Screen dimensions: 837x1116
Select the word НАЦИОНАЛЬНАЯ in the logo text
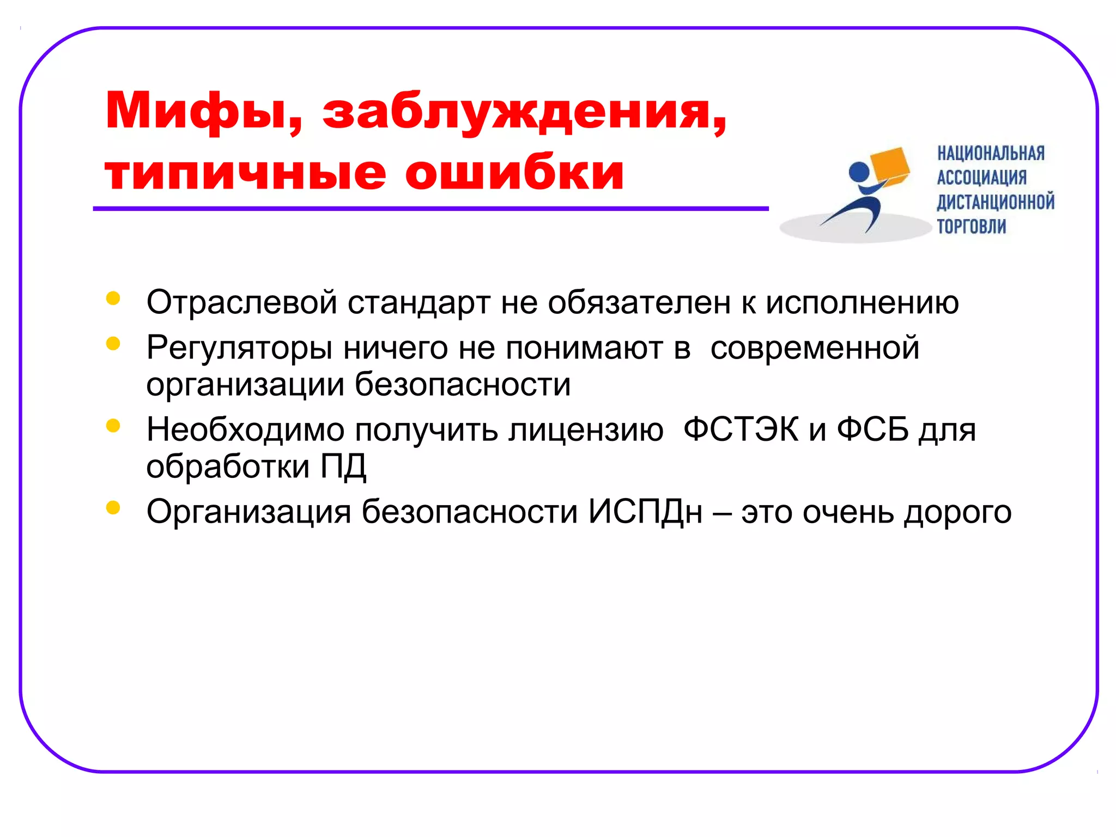991,154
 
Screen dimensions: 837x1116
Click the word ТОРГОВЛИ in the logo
971,226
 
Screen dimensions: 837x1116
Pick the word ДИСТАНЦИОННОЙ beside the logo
996,202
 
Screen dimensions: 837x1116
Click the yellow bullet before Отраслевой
113,298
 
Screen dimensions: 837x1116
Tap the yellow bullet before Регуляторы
113,343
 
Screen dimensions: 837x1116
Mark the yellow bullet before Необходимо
113,426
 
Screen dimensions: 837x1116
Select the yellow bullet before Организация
113,508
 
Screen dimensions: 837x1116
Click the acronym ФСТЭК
741,430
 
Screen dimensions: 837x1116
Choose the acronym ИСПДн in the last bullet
645,512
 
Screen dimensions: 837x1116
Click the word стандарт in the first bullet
418,303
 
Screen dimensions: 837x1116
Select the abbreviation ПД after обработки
343,466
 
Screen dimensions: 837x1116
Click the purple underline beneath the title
430,209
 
